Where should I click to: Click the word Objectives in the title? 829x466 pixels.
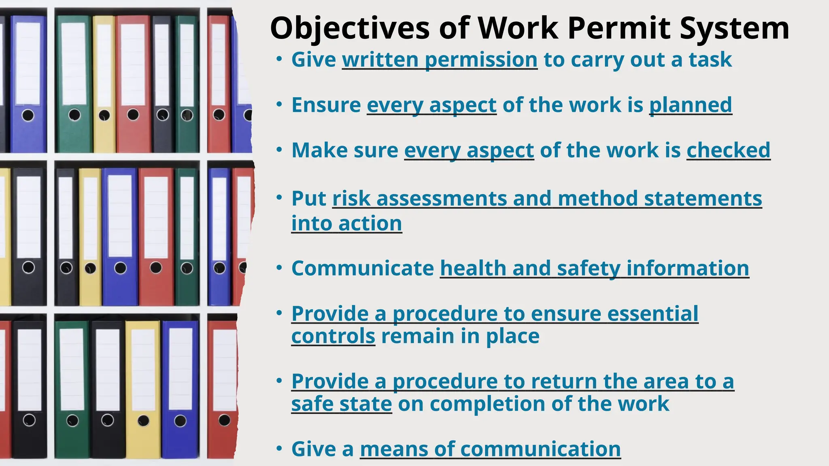[349, 28]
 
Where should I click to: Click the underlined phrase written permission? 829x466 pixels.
[440, 60]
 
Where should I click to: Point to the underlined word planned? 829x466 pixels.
[691, 105]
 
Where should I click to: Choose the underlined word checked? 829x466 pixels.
[728, 150]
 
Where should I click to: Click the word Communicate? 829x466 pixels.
[362, 269]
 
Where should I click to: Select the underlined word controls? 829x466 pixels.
[333, 337]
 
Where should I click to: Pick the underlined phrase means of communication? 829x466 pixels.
[490, 449]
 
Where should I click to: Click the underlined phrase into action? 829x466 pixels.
[346, 224]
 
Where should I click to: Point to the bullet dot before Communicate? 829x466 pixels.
[279, 267]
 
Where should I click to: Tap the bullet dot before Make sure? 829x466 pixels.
[279, 150]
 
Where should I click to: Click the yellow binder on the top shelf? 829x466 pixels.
[104, 83]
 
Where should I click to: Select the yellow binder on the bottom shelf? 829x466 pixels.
[143, 388]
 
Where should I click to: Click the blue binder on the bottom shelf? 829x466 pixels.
[180, 388]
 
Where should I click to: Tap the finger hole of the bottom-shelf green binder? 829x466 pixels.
[72, 420]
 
